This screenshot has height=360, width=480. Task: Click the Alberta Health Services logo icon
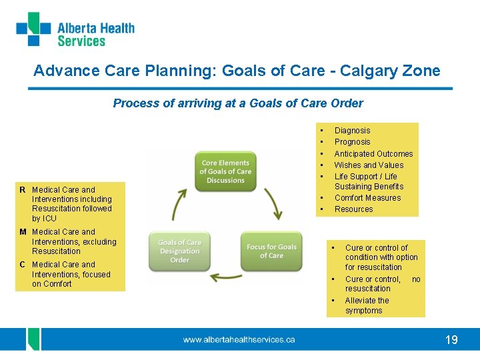click(x=33, y=29)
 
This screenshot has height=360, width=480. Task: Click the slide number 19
click(x=451, y=340)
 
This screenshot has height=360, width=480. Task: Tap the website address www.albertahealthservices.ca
click(x=239, y=340)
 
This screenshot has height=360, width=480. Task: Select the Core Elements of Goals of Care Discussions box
click(x=225, y=171)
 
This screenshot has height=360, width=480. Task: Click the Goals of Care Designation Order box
click(x=179, y=251)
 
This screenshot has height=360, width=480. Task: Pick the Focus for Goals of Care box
click(x=271, y=251)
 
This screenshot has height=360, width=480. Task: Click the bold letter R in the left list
click(x=23, y=190)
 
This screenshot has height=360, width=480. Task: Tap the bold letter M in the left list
click(x=23, y=233)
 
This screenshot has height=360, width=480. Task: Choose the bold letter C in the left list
click(x=23, y=265)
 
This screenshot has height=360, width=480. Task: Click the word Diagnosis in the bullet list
click(x=352, y=131)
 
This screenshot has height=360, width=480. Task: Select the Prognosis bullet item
click(x=352, y=142)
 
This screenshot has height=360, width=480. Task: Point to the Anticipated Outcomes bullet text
click(x=373, y=154)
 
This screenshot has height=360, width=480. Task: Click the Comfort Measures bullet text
click(x=367, y=198)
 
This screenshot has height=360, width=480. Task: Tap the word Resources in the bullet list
click(x=353, y=209)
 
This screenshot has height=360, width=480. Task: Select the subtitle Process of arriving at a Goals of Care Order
click(x=238, y=103)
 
